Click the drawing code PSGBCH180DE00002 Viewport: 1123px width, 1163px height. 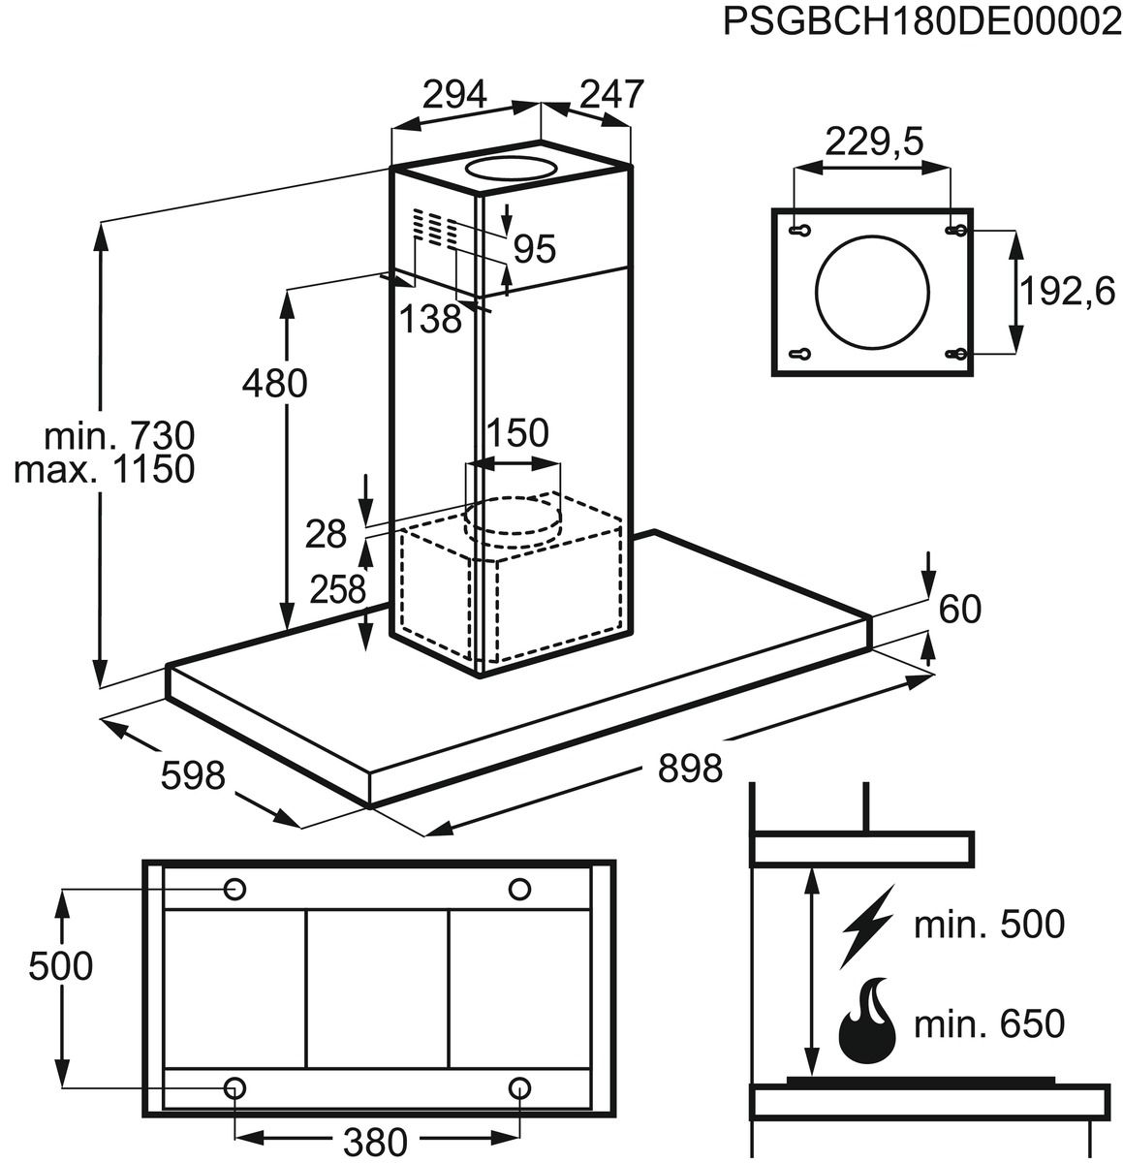coord(922,22)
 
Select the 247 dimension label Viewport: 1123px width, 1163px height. coord(611,94)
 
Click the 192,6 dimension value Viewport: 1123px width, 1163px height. coord(1067,293)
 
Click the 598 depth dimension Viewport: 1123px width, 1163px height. coord(193,776)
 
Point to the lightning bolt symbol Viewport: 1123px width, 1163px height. coord(867,926)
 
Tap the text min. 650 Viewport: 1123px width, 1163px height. coord(989,1023)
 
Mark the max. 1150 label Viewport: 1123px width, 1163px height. coord(105,468)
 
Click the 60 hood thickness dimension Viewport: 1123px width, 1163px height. coord(960,610)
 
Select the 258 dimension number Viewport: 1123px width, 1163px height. coord(337,590)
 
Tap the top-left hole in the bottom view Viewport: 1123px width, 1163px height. coord(234,890)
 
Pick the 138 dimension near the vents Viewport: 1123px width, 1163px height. coord(430,319)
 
